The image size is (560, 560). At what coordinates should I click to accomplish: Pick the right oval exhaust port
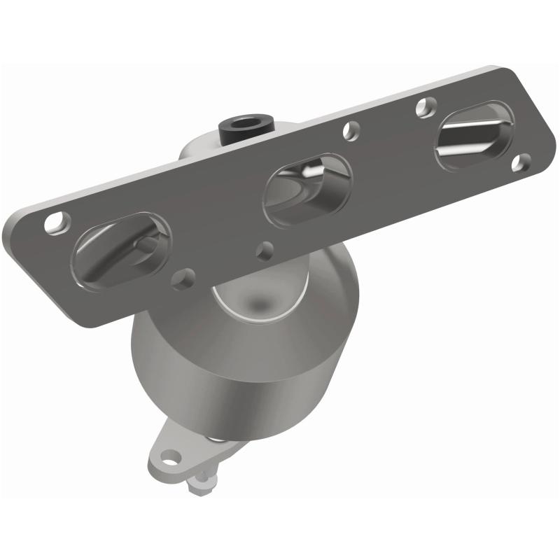pos(475,134)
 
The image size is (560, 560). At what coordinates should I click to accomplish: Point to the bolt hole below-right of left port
pos(184,279)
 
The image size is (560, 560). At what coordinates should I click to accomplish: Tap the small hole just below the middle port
pos(265,248)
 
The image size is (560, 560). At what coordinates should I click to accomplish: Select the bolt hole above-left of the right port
pos(423,106)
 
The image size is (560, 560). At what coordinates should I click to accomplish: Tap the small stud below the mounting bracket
pos(203,479)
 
